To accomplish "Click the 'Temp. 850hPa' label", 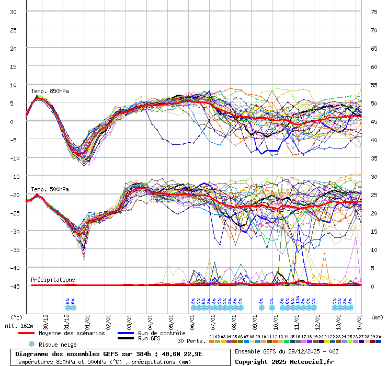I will point(50,91).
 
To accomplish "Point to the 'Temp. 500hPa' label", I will point(50,189).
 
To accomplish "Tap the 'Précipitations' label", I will point(53,280).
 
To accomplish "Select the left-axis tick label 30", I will point(13,12).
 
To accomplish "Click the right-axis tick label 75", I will point(374,12).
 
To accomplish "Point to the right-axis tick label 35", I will point(374,158).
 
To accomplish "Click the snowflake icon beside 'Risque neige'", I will point(31,345).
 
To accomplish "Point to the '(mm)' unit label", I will point(377,317).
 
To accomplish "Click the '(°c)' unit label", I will point(16,317).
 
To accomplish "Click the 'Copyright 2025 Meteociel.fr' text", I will point(284,361).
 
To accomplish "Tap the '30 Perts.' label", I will point(191,341).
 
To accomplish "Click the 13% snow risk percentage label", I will point(298,300).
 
